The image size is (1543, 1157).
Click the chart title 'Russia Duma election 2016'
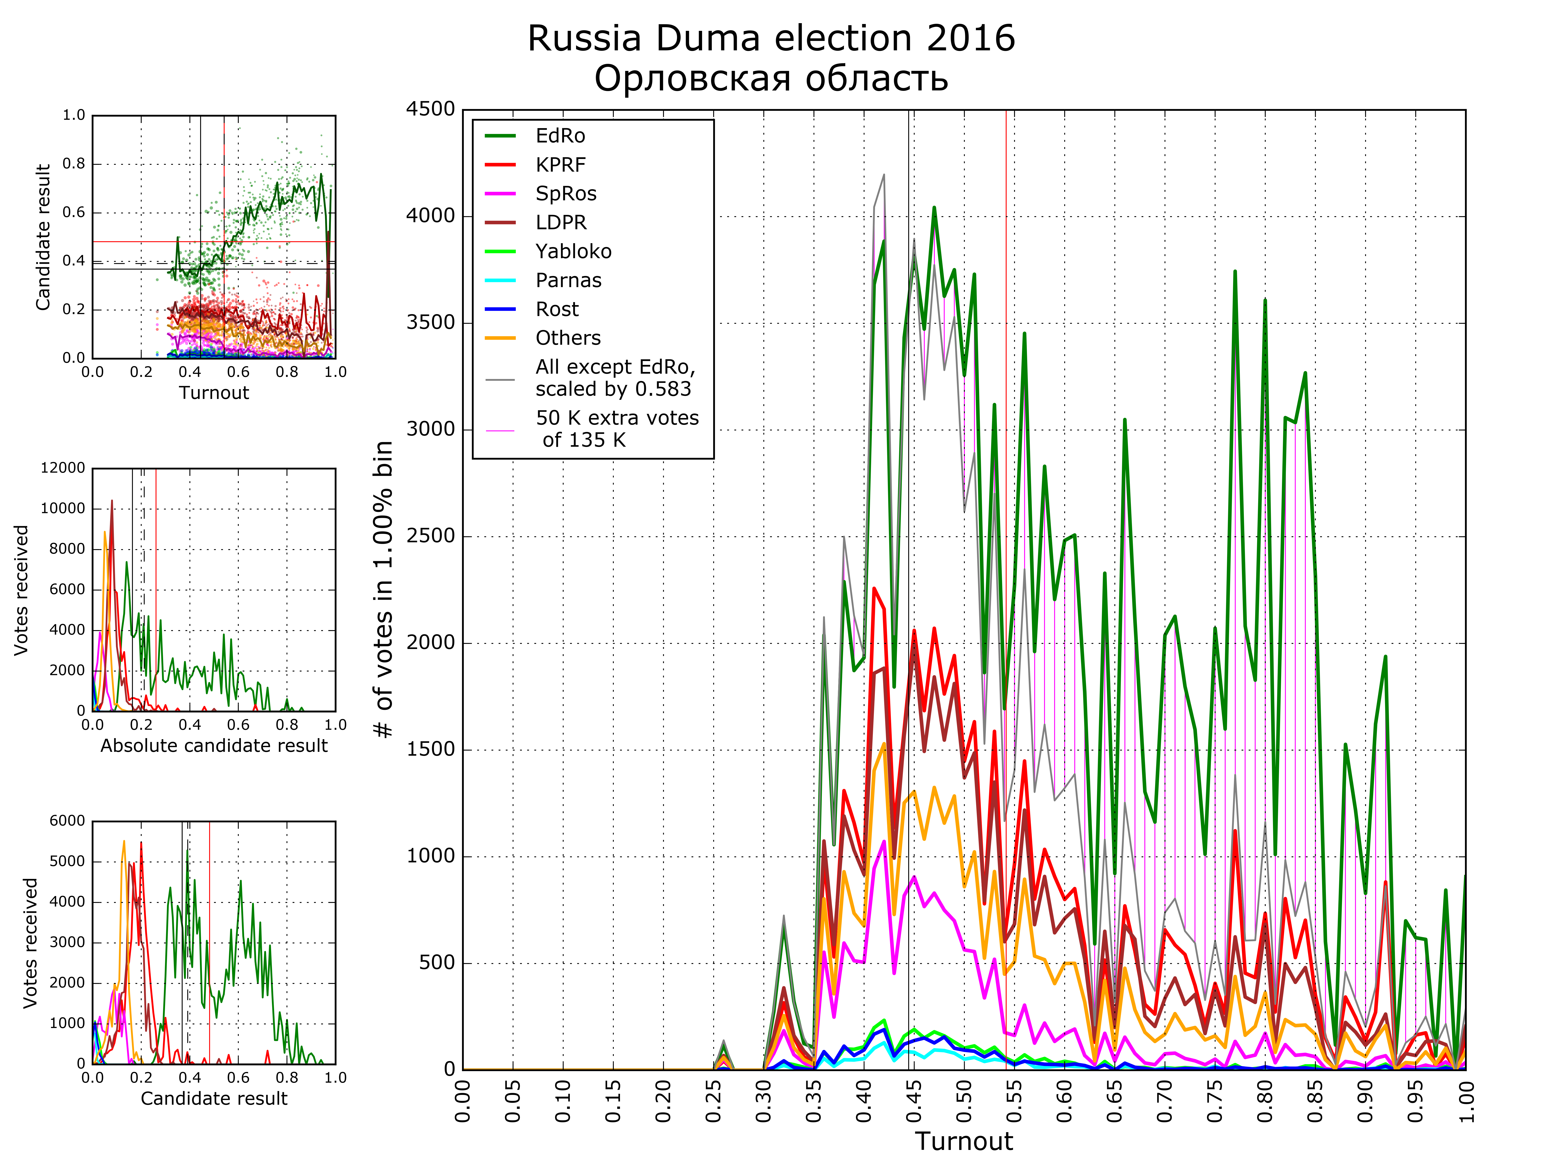click(771, 38)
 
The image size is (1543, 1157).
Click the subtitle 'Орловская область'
click(771, 78)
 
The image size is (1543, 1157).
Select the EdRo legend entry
click(559, 136)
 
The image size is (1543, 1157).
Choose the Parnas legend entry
click(568, 280)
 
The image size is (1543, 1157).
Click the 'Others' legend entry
click(568, 338)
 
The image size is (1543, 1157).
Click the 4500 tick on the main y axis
click(430, 109)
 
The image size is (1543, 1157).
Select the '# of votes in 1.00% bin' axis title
click(384, 589)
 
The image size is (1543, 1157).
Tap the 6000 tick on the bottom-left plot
click(67, 821)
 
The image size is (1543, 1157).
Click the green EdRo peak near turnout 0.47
click(934, 208)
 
